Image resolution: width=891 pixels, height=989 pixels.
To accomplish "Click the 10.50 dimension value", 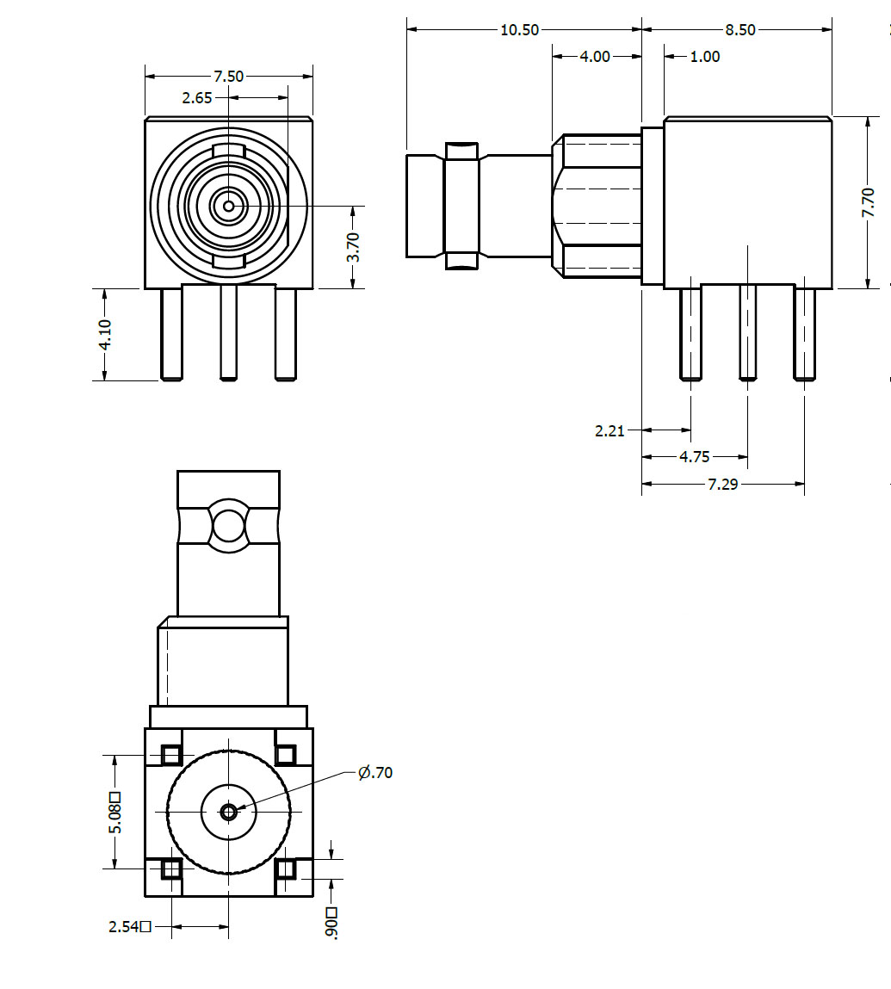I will pos(519,30).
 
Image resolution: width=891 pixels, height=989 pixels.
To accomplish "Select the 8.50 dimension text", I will pos(739,30).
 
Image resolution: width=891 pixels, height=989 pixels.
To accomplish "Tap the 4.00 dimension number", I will pos(594,57).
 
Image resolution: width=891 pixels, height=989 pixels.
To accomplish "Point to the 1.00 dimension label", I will pos(705,57).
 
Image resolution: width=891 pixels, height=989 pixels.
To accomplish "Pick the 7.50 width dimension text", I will pos(228,77).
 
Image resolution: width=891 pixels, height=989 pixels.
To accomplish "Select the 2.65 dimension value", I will pos(197,98).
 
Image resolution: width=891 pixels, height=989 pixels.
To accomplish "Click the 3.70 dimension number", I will pos(353,247).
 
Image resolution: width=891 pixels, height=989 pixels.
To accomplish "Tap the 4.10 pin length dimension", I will pos(105,334).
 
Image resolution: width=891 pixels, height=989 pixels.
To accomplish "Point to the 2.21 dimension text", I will pos(609,430).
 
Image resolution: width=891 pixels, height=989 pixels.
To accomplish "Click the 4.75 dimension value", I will pos(695,457).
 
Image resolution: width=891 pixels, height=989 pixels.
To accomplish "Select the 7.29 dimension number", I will pos(722,485).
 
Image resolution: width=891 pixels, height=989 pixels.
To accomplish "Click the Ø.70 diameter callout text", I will pos(375,773).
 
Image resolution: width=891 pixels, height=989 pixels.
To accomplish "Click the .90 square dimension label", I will pos(332,923).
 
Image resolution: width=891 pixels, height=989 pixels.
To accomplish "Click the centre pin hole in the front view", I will pos(228,207).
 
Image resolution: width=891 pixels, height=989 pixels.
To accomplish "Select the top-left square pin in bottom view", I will pos(171,755).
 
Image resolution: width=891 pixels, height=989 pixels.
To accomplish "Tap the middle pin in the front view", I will pos(228,332).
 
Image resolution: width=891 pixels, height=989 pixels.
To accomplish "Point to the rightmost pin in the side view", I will pos(804,334).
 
